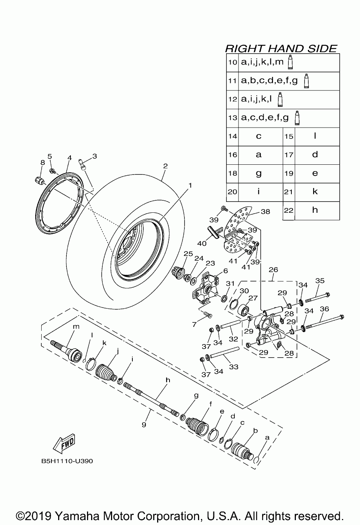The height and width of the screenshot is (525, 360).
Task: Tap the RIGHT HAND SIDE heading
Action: tap(281, 48)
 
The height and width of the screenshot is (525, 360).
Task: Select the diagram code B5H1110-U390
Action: tap(67, 461)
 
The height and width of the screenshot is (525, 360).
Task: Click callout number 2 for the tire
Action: tap(165, 166)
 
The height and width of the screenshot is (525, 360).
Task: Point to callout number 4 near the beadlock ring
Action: tap(69, 158)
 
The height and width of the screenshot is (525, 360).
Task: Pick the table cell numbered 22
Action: tap(288, 211)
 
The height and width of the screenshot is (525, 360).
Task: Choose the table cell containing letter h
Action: tap(315, 210)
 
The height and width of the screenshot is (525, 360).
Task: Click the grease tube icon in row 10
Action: tap(290, 62)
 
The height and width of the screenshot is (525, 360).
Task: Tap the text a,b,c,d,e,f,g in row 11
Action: tap(269, 80)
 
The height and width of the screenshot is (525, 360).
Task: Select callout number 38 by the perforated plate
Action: tap(265, 212)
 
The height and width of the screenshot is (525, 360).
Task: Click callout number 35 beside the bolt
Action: tap(319, 281)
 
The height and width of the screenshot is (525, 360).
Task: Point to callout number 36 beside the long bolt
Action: tap(324, 308)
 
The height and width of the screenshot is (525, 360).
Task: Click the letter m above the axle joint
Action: tap(76, 327)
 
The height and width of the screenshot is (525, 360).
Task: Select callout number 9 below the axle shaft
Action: tap(144, 425)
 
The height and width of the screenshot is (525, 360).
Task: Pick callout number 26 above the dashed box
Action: tap(273, 269)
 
